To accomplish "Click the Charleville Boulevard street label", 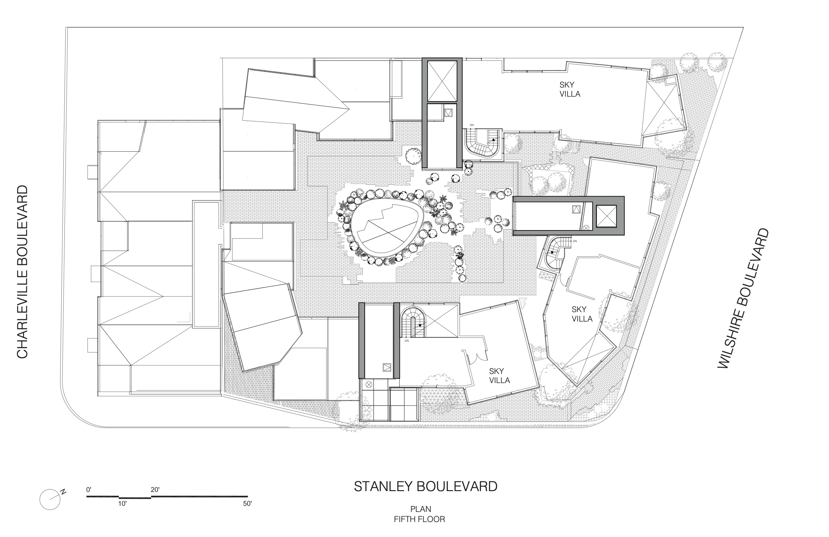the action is [x=22, y=272].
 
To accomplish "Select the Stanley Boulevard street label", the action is [x=426, y=487].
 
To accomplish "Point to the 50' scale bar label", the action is [x=247, y=503].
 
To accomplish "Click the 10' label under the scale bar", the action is [x=122, y=503].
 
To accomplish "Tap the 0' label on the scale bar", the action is [x=89, y=490].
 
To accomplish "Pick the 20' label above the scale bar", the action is [x=155, y=490].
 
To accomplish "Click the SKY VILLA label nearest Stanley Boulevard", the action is [x=499, y=376].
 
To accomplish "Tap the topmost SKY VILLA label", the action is [x=570, y=89].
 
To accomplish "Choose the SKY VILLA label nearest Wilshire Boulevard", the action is [x=582, y=314].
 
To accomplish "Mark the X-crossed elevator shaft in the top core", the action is [x=442, y=81].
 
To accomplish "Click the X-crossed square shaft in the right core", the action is [x=606, y=216].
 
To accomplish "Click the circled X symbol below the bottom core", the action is [x=369, y=385].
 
